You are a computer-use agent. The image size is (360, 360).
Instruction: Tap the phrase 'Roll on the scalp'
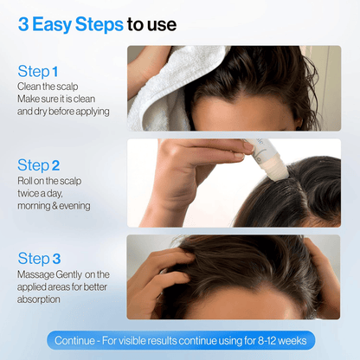click(54, 180)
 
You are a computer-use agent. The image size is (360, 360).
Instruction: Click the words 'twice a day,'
click(42, 192)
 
